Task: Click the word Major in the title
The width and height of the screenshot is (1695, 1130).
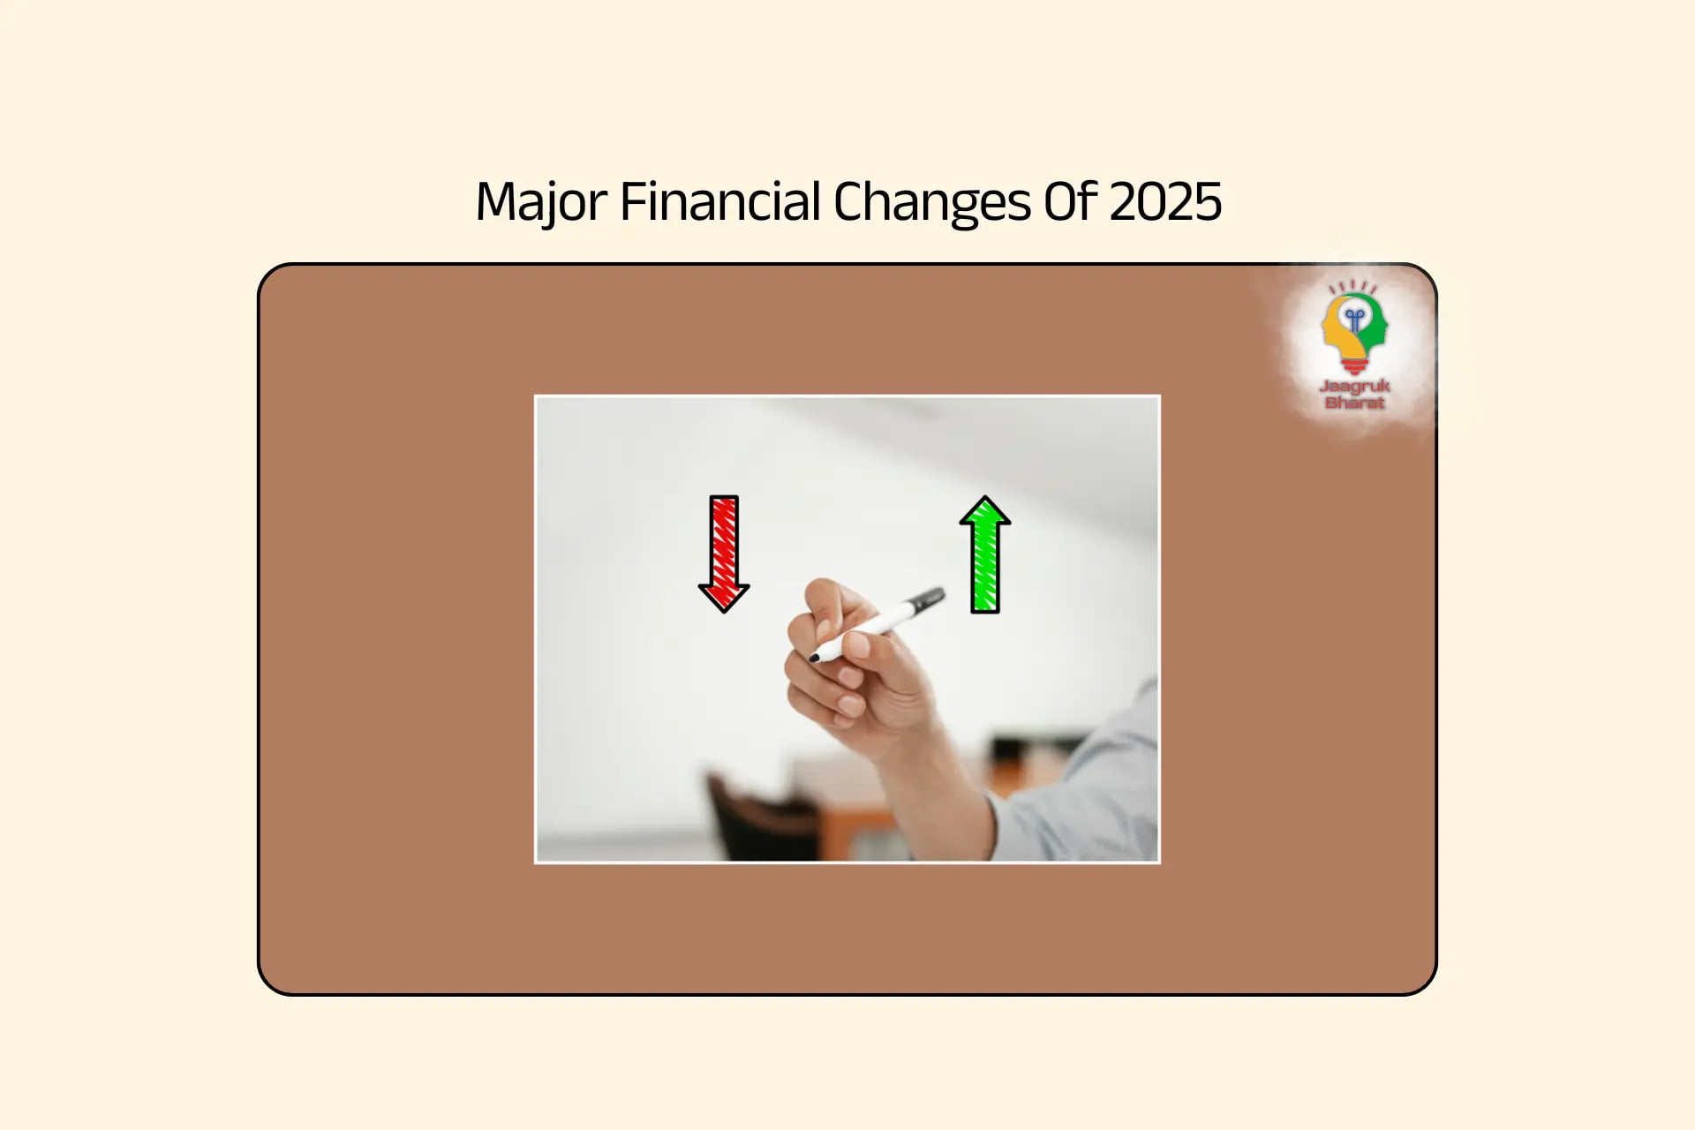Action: (540, 202)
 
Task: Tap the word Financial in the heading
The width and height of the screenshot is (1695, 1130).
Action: (720, 201)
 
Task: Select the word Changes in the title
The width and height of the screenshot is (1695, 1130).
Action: (931, 202)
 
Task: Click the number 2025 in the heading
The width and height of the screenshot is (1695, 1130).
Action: (1165, 201)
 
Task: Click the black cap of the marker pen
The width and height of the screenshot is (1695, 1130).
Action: (926, 601)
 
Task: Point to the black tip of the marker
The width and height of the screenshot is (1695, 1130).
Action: (814, 658)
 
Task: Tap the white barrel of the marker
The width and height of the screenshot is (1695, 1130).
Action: (870, 627)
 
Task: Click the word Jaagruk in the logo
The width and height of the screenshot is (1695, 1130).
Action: (1354, 386)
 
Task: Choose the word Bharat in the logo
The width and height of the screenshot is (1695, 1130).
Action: (1354, 403)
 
